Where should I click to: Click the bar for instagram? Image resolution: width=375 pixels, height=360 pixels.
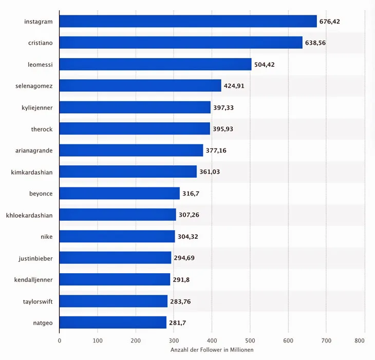point(188,21)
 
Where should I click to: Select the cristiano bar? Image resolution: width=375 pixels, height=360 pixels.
point(181,43)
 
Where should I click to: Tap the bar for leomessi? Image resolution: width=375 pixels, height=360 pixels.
point(155,64)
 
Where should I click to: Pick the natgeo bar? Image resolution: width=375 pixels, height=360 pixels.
point(113,323)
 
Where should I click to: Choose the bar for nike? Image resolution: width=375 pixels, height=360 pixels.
point(117,236)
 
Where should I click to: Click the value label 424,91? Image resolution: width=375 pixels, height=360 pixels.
point(234,86)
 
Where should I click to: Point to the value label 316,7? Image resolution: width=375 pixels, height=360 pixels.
point(191,194)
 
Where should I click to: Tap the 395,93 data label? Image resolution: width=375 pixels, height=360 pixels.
point(223,129)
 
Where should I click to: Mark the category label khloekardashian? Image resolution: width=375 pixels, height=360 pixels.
point(29,215)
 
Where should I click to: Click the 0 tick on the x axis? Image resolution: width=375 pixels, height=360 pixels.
point(60,340)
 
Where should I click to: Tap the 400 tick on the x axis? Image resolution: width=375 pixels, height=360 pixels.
point(212,340)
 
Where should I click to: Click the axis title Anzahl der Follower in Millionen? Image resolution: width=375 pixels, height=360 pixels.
point(212,350)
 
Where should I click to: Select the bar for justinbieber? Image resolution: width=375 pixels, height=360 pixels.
point(115,258)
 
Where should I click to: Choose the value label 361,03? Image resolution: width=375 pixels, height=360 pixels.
point(210,172)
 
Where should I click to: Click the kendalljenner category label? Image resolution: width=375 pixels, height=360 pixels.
point(34,279)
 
